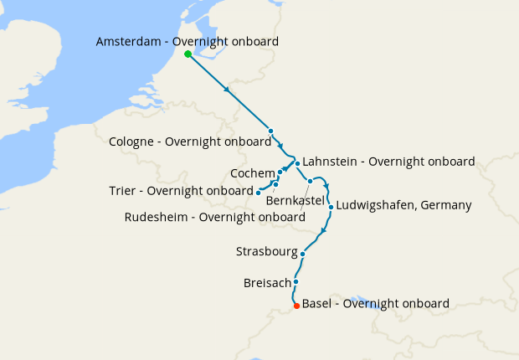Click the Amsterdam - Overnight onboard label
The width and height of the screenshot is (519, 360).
(188, 41)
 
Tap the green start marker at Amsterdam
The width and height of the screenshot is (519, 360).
(188, 54)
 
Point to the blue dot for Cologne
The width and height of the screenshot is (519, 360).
(271, 131)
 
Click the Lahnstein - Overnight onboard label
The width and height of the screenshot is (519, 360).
(388, 161)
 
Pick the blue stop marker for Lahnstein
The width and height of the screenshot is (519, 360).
(297, 163)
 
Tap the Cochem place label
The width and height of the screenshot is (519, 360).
(253, 172)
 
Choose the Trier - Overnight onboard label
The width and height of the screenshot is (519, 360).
(180, 190)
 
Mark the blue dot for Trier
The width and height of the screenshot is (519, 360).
(258, 192)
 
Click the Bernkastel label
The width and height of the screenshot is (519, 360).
(295, 200)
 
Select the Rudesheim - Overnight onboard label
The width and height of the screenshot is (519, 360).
(214, 217)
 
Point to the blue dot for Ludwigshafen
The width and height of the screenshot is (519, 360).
(331, 207)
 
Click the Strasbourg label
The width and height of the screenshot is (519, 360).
(267, 250)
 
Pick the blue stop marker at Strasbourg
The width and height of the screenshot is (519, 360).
(303, 253)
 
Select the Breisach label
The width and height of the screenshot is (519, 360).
(267, 282)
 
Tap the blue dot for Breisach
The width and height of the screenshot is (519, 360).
(296, 282)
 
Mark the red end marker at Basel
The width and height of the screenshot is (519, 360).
(296, 306)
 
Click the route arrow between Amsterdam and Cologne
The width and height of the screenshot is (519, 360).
(228, 90)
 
